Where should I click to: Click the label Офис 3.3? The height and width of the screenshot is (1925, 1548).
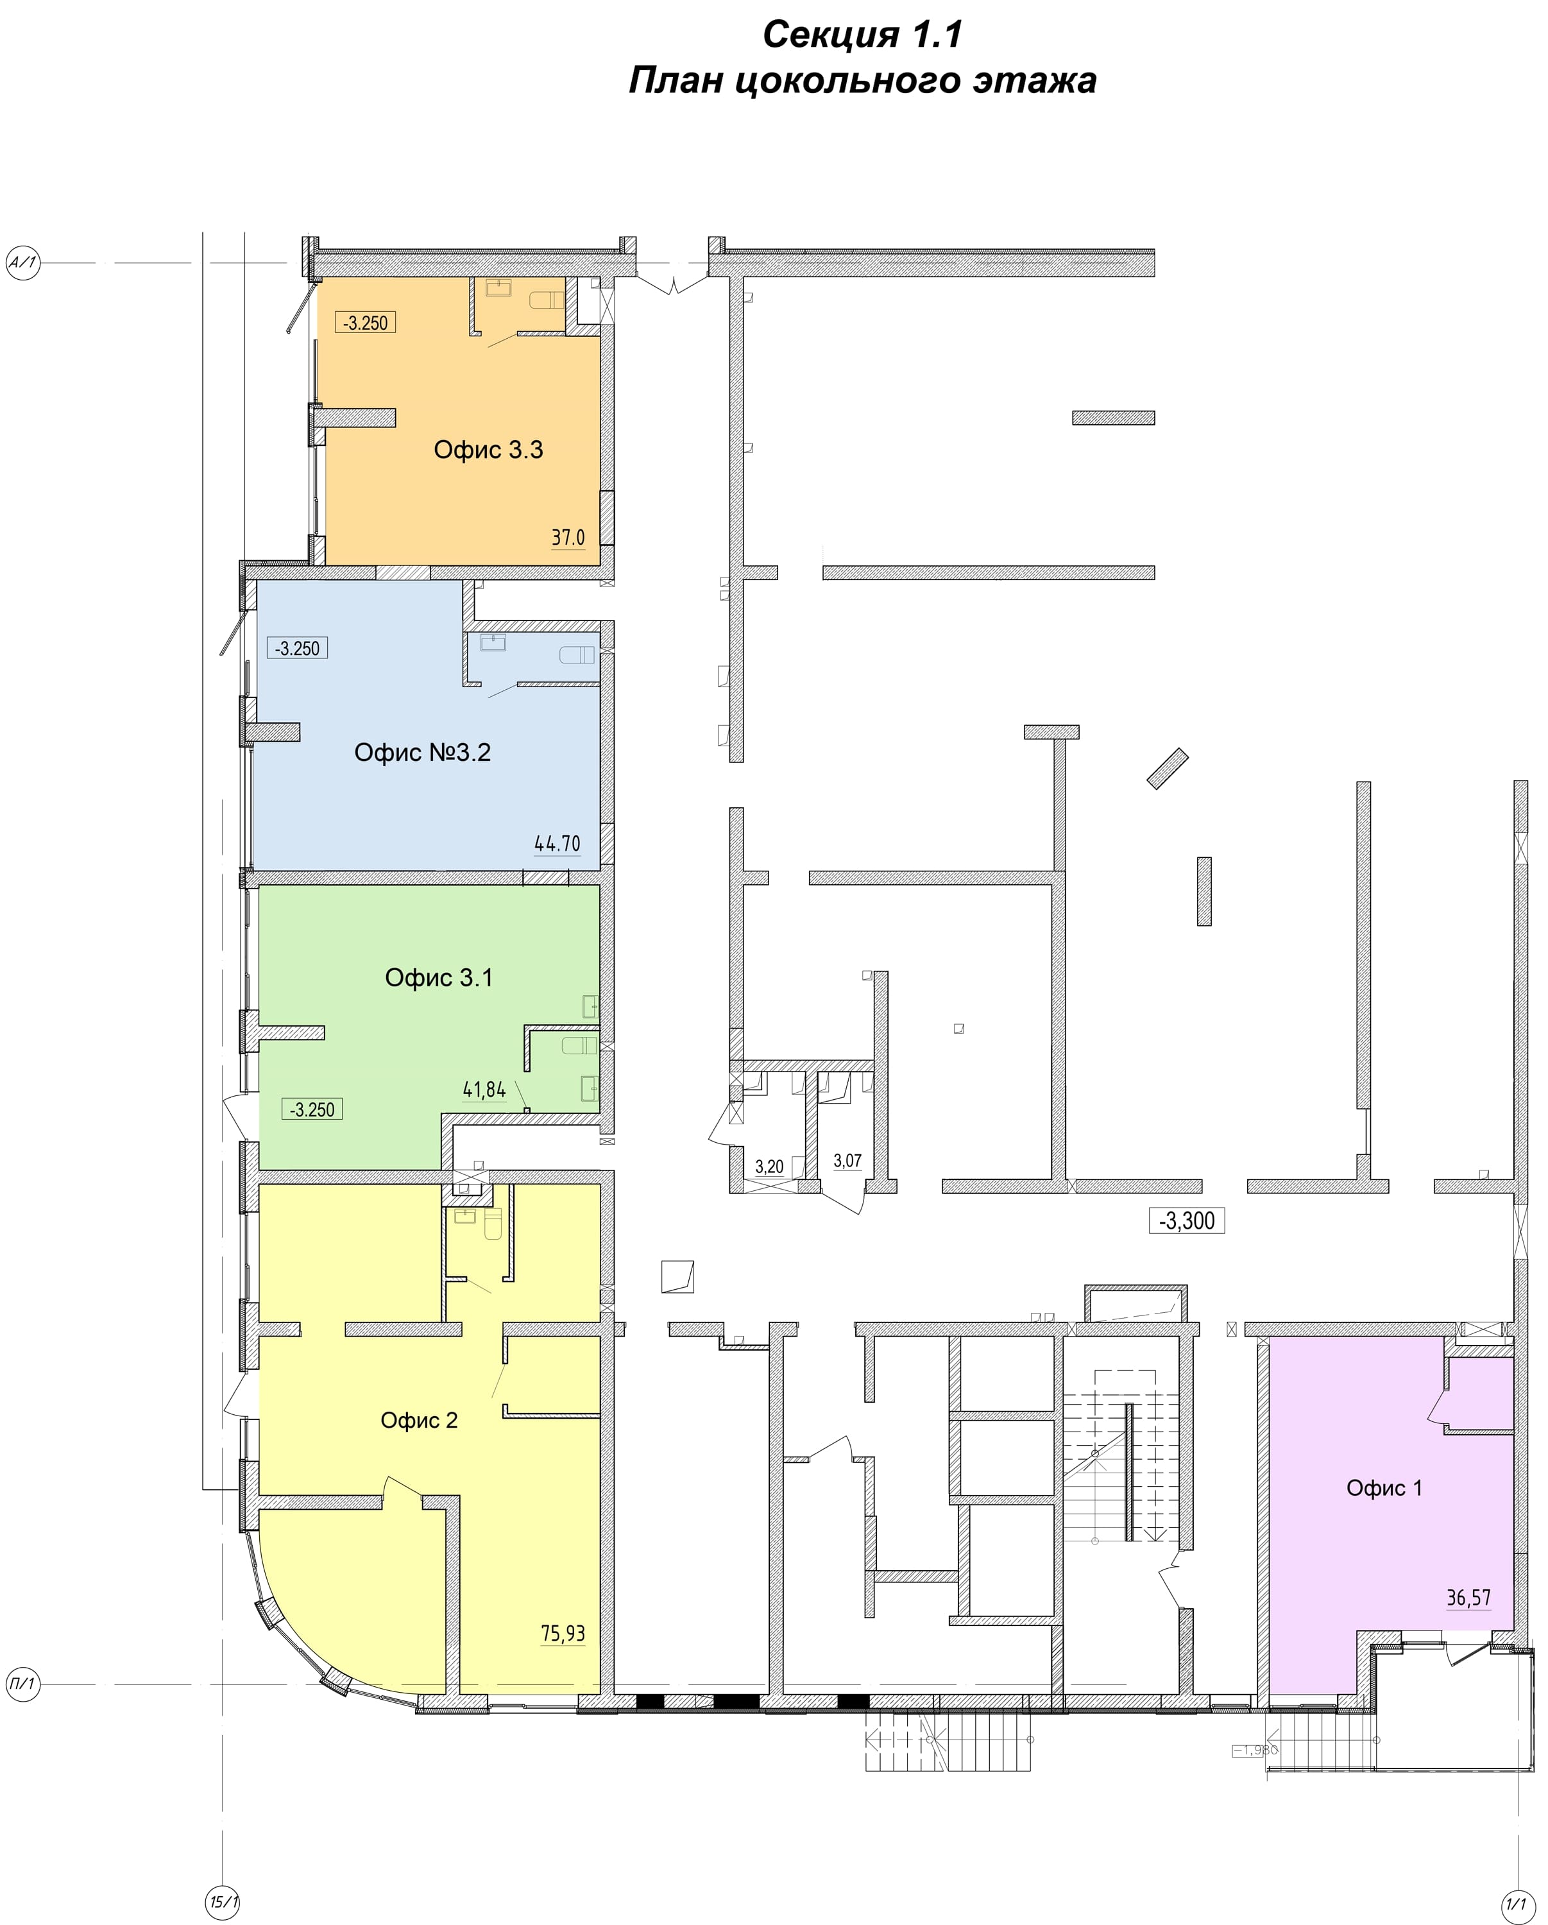point(488,449)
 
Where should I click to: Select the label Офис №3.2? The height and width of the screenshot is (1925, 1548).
point(422,752)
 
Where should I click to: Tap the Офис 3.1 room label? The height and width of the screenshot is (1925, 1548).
point(438,978)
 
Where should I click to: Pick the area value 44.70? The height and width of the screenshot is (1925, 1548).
point(557,843)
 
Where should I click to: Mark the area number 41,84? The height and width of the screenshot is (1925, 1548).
point(484,1090)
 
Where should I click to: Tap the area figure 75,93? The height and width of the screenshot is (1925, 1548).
point(563,1633)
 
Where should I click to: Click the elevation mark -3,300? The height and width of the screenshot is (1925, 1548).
point(1186,1220)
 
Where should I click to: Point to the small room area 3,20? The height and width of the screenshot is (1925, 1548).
point(769,1167)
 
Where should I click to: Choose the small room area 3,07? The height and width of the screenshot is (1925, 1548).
point(847,1161)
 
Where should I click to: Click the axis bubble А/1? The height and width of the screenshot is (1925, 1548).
point(23,262)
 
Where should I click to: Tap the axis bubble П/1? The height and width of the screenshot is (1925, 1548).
point(23,1684)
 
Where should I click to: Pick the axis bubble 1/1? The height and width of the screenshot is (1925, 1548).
point(1516,1900)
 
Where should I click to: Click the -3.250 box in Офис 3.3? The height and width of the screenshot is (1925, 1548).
point(365,322)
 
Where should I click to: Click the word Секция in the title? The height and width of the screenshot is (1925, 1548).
point(831,35)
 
